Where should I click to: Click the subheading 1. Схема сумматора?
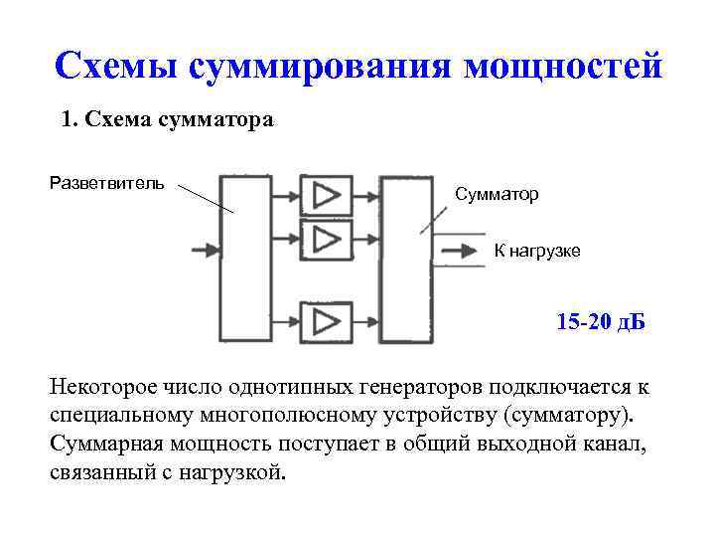click(x=167, y=120)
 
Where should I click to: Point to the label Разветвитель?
click(x=107, y=184)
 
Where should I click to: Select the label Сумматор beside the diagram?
click(x=497, y=195)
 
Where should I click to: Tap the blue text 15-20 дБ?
click(x=601, y=323)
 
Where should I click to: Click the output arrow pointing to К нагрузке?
click(x=459, y=250)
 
